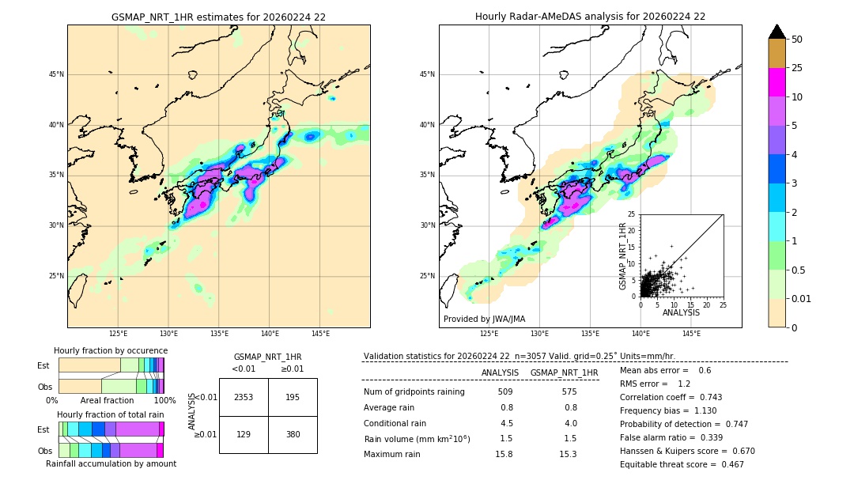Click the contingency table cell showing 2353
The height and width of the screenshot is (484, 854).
(244, 397)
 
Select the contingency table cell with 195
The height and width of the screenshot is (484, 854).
(293, 397)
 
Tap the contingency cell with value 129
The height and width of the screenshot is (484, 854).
(244, 434)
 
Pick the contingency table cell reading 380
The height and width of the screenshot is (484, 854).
(293, 434)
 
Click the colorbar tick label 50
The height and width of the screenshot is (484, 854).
(798, 40)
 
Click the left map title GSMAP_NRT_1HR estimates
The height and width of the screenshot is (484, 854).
(218, 17)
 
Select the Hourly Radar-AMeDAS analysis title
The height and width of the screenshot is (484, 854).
(590, 17)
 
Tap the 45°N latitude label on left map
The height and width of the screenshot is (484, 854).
(56, 74)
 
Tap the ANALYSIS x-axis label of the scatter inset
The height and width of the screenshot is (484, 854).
(681, 313)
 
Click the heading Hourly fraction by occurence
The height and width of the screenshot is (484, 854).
(111, 350)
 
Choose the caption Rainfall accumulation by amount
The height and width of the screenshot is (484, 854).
(111, 463)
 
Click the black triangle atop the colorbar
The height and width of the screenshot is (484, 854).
(777, 32)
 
